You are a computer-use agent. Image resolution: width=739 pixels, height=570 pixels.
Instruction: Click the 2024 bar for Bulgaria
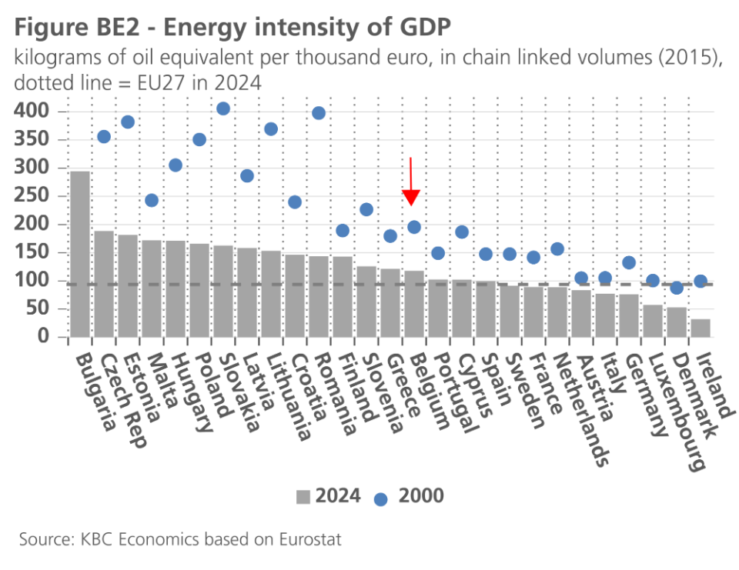tap(80, 254)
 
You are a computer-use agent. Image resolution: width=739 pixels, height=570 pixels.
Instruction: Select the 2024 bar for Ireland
tap(701, 328)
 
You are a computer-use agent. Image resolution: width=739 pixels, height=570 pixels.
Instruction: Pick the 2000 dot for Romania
tap(319, 113)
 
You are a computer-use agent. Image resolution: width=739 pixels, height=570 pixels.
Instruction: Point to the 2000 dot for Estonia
tap(128, 122)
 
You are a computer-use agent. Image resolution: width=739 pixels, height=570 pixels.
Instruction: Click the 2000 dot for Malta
tap(152, 200)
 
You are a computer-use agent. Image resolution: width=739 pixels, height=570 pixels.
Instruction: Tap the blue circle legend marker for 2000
tap(380, 498)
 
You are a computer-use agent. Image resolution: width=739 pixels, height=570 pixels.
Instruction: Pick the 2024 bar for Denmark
tap(677, 322)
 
